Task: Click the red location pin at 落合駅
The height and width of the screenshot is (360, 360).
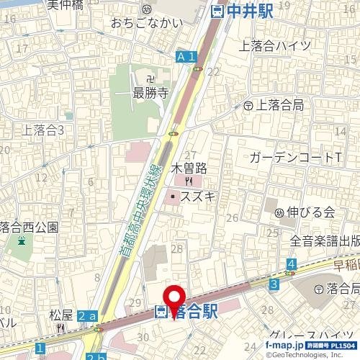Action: click(x=174, y=299)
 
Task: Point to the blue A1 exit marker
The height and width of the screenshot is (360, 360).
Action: click(x=186, y=56)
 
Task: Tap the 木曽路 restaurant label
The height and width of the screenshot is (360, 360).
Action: click(x=189, y=168)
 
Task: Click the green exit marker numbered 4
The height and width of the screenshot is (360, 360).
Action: click(x=291, y=266)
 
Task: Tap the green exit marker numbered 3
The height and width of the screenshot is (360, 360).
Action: click(x=274, y=285)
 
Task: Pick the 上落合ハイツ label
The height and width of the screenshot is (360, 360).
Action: click(x=274, y=46)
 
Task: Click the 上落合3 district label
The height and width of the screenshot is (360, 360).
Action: click(x=44, y=130)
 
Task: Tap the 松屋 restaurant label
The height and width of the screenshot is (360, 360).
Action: click(x=61, y=315)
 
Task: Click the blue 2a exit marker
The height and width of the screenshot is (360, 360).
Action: click(x=88, y=316)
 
